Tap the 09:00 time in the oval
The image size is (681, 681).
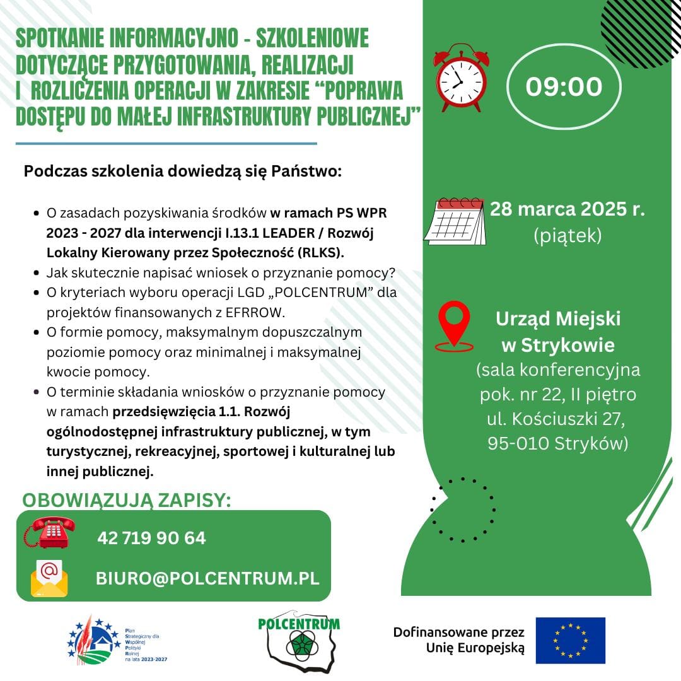564,87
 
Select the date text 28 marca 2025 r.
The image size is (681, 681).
567,209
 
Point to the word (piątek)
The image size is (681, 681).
567,236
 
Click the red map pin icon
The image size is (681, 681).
455,325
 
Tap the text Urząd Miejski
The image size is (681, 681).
557,319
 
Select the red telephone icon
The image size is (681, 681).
50,531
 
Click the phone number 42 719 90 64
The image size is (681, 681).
151,538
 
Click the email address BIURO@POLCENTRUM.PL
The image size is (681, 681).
207,578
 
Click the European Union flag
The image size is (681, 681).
570,640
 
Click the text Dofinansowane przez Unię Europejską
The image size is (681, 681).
458,639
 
